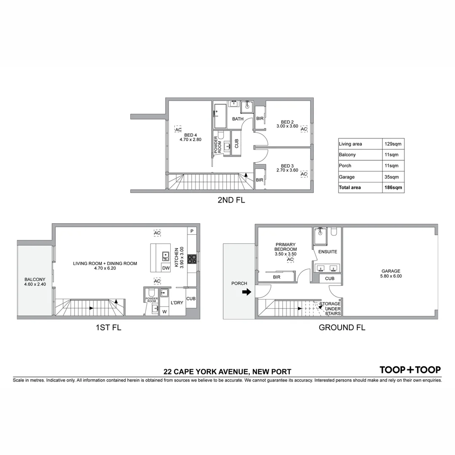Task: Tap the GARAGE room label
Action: [391, 271]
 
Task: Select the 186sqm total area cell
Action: [393, 187]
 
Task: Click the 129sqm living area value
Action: [393, 144]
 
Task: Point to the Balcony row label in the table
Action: [347, 155]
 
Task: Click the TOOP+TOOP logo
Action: [410, 370]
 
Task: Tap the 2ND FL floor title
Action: [231, 201]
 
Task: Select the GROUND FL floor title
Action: [342, 327]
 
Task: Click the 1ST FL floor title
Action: [108, 327]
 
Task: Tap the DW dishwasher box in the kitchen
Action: [166, 268]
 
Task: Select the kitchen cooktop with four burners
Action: [192, 259]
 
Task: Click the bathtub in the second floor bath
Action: [220, 116]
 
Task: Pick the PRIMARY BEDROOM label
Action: [286, 247]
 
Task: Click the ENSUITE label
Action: [328, 252]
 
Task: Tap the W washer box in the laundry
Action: [164, 311]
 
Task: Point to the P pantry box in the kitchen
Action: [192, 231]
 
